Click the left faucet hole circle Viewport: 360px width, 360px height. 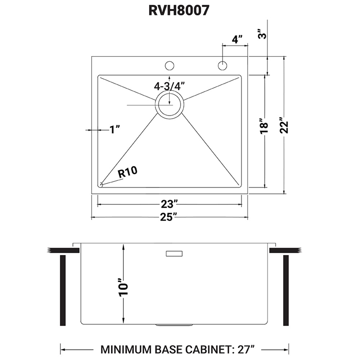coord(169,66)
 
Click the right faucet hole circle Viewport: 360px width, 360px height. coord(222,66)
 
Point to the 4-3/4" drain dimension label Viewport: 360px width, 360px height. coord(169,86)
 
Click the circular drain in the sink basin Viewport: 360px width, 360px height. coord(170,104)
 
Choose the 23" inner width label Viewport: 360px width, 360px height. coord(169,204)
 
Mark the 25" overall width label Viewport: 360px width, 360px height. coord(169,217)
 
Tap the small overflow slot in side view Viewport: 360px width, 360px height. coord(175,254)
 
